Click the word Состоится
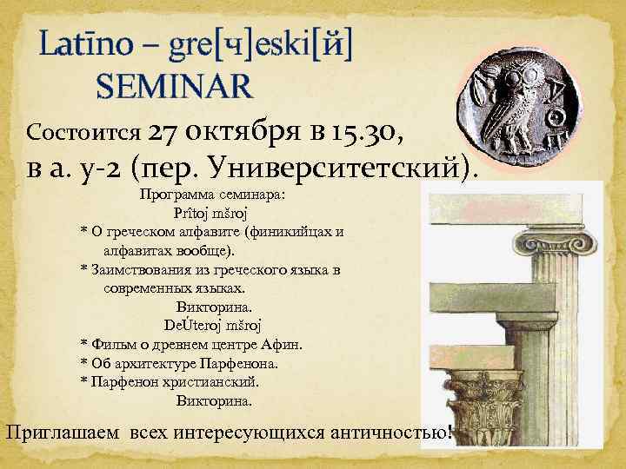point(84,133)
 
